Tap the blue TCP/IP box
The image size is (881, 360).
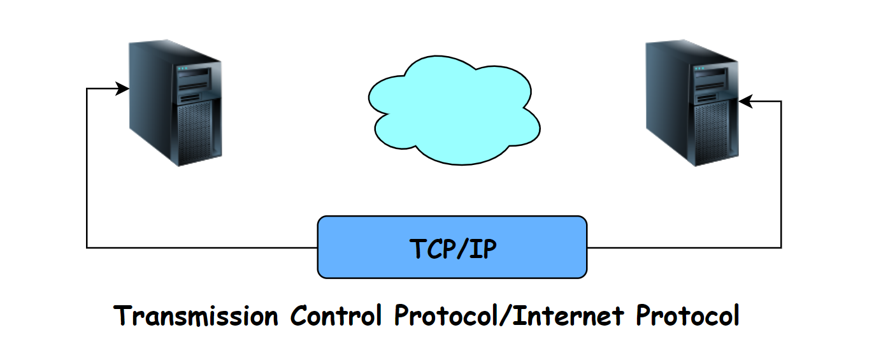(452, 247)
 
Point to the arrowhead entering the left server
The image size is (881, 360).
(122, 89)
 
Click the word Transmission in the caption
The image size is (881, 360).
(196, 316)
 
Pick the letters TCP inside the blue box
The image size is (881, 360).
(431, 248)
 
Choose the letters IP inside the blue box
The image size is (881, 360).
(482, 248)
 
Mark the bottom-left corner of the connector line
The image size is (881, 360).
(87, 247)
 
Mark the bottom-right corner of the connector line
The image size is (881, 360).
(781, 247)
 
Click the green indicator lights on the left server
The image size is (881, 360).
(183, 68)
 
